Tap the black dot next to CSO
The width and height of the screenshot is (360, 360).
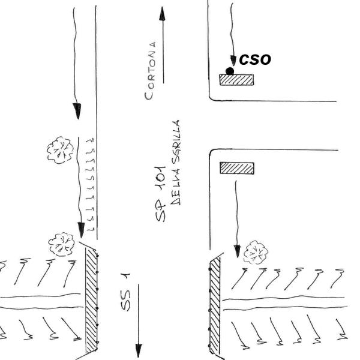click(230, 71)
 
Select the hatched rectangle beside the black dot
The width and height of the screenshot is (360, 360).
click(236, 79)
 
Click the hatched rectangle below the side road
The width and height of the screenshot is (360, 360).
click(237, 168)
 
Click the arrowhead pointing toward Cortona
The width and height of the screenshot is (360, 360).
click(161, 13)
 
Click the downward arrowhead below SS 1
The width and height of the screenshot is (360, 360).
click(139, 349)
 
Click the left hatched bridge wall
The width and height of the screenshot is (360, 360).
click(91, 300)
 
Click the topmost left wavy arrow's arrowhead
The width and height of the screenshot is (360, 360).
click(77, 110)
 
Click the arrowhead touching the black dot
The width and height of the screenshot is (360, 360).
click(233, 61)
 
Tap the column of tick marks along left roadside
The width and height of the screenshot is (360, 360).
click(91, 183)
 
